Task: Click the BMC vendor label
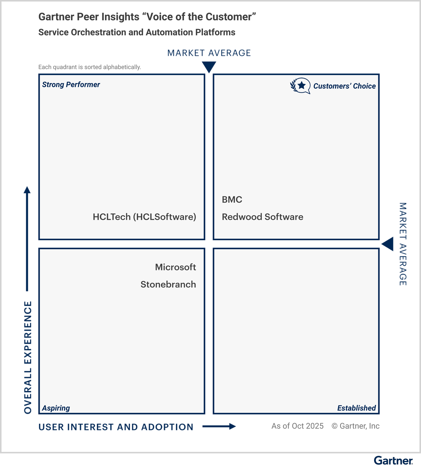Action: pyautogui.click(x=232, y=200)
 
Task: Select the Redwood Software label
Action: pyautogui.click(x=262, y=217)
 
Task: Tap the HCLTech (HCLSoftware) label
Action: pyautogui.click(x=144, y=217)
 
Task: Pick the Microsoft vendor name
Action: pyautogui.click(x=175, y=267)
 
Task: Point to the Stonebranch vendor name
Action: pyautogui.click(x=168, y=284)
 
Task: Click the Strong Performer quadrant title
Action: pyautogui.click(x=71, y=85)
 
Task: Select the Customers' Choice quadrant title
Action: pyautogui.click(x=344, y=86)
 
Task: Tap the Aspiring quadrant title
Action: pyautogui.click(x=56, y=408)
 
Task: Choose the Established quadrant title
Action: pyautogui.click(x=356, y=408)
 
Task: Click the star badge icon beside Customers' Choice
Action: pyautogui.click(x=300, y=86)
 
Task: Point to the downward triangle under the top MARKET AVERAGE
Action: pyautogui.click(x=209, y=66)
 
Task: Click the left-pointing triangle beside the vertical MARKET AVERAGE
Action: pyautogui.click(x=388, y=244)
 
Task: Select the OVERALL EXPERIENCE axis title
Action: pyautogui.click(x=28, y=357)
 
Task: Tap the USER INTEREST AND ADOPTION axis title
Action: pyautogui.click(x=116, y=427)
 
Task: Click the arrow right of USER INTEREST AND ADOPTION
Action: pyautogui.click(x=219, y=426)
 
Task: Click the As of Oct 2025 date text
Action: pyautogui.click(x=297, y=426)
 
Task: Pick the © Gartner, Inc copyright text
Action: pyautogui.click(x=355, y=426)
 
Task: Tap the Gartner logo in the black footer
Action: pyautogui.click(x=393, y=461)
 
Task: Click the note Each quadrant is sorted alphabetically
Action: pyautogui.click(x=90, y=67)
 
